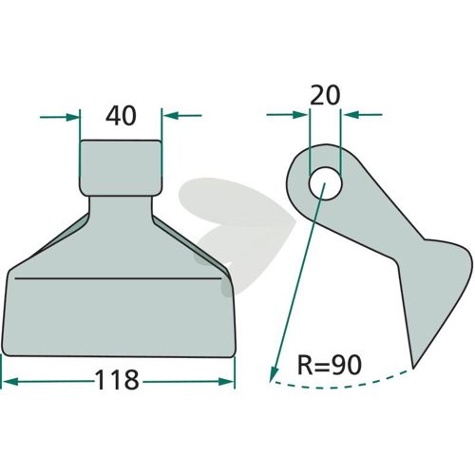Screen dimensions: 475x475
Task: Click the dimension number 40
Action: (x=121, y=116)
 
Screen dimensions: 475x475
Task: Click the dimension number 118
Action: (x=117, y=380)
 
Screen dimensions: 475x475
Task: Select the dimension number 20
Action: (x=325, y=95)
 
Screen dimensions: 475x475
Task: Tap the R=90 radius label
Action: (x=330, y=365)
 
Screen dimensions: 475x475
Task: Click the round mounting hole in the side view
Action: (x=326, y=183)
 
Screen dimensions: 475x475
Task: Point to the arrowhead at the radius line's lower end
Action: (x=273, y=373)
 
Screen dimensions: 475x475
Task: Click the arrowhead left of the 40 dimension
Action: (x=72, y=117)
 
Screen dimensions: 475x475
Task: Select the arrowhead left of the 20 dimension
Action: (x=300, y=115)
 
